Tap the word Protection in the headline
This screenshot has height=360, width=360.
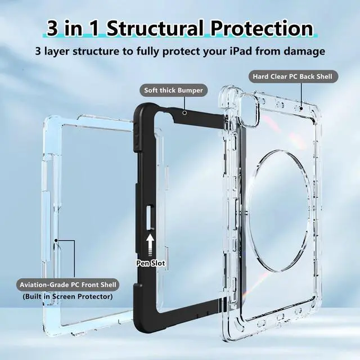coord(264,29)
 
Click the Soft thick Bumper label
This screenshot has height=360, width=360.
coord(173,90)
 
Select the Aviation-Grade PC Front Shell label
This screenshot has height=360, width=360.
coord(67,285)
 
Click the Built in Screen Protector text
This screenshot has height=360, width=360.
coord(67,296)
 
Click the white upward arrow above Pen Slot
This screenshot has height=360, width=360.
coord(151,244)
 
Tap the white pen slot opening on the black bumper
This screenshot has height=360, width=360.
coord(150,217)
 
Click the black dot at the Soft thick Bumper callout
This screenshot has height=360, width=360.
coord(184,112)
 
